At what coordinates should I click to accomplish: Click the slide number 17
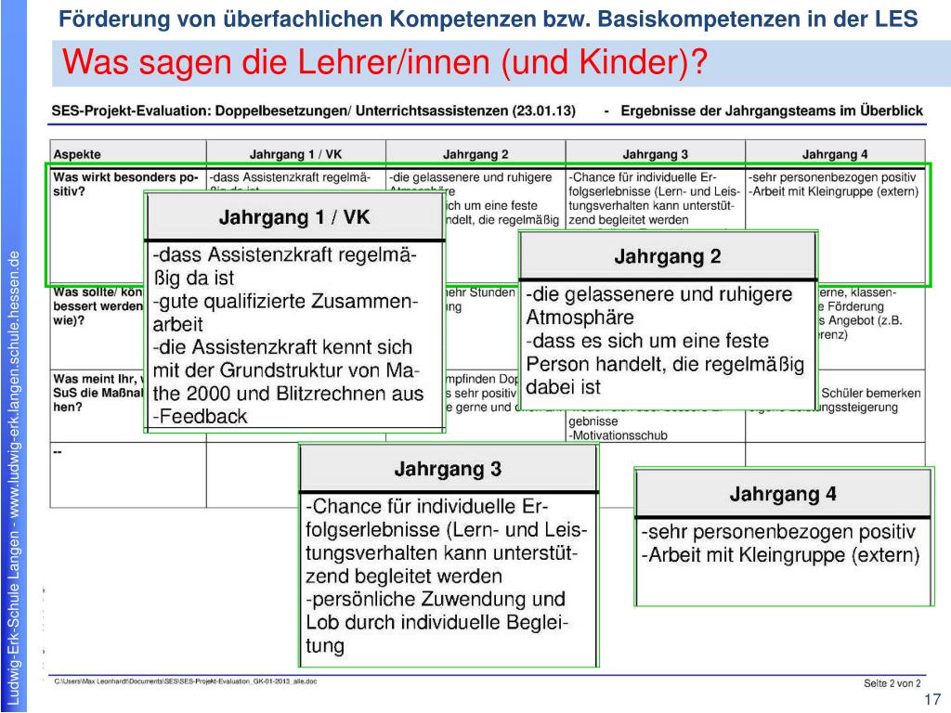pos(932,699)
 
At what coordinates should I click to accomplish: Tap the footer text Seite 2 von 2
pos(892,683)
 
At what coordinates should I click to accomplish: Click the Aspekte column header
pos(78,154)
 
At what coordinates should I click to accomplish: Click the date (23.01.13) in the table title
pos(543,111)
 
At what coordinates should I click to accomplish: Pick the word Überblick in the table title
pos(890,111)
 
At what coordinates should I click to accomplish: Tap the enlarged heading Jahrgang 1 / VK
pos(293,218)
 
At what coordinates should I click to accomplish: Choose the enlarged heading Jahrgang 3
pos(448,470)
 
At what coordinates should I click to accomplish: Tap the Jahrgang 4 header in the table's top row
pos(835,154)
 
